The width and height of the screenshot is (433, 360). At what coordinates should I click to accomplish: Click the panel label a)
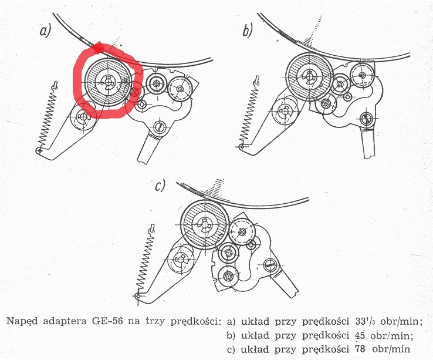pyautogui.click(x=46, y=31)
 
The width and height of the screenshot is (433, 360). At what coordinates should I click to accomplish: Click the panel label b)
pyautogui.click(x=248, y=31)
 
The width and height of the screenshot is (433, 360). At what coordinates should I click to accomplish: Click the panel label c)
pyautogui.click(x=160, y=186)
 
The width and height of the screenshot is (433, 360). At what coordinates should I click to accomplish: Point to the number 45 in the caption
pyautogui.click(x=359, y=335)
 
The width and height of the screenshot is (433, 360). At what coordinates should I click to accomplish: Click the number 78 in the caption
pyautogui.click(x=359, y=349)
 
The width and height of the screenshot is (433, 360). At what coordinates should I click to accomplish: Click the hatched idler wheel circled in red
pyautogui.click(x=108, y=82)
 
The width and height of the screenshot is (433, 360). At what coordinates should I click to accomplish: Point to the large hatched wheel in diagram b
pyautogui.click(x=309, y=76)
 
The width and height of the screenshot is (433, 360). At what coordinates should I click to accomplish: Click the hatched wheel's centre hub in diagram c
pyautogui.click(x=205, y=222)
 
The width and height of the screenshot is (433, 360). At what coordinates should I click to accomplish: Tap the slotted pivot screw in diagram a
pyautogui.click(x=158, y=127)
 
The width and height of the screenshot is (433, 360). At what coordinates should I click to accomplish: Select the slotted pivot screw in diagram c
pyautogui.click(x=271, y=264)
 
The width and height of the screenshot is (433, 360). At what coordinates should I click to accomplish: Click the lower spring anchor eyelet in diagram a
pyautogui.click(x=39, y=151)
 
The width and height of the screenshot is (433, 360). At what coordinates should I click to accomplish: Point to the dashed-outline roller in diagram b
pyautogui.click(x=363, y=75)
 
